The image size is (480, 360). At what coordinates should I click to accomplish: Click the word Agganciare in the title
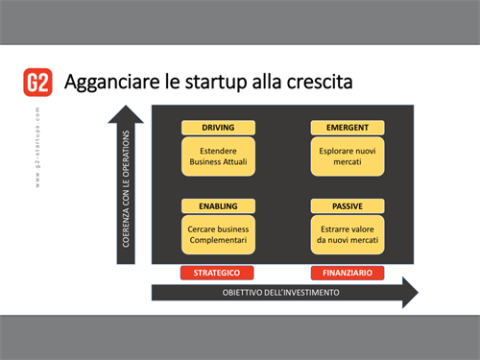106,83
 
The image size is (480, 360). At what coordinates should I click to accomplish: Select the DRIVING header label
218,128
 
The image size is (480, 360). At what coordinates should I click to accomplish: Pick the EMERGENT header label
348,128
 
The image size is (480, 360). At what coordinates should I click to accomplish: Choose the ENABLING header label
218,205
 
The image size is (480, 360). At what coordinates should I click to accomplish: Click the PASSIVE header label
348,205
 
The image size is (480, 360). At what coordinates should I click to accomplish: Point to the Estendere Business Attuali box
218,157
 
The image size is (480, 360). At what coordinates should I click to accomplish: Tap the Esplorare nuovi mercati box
348,157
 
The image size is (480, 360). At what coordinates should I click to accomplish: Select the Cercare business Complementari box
218,234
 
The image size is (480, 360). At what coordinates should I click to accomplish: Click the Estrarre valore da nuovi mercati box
348,234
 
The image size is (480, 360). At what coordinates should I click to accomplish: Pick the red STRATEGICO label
217,274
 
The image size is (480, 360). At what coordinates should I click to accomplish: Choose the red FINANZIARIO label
348,274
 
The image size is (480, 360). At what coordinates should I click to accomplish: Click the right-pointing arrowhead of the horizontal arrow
410,291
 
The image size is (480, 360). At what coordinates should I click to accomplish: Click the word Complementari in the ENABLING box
218,241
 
